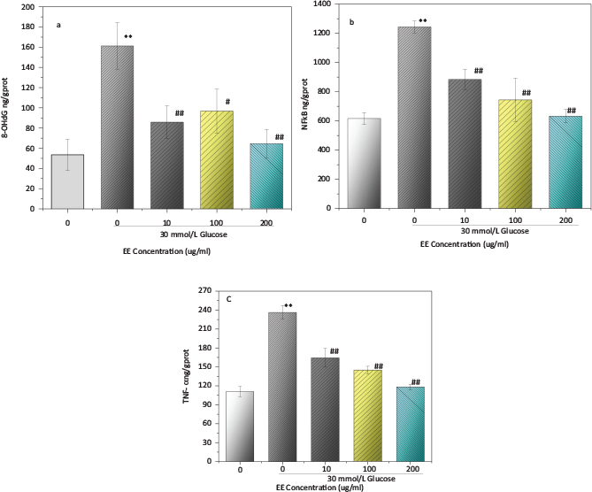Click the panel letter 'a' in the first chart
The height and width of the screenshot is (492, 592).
click(x=58, y=24)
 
